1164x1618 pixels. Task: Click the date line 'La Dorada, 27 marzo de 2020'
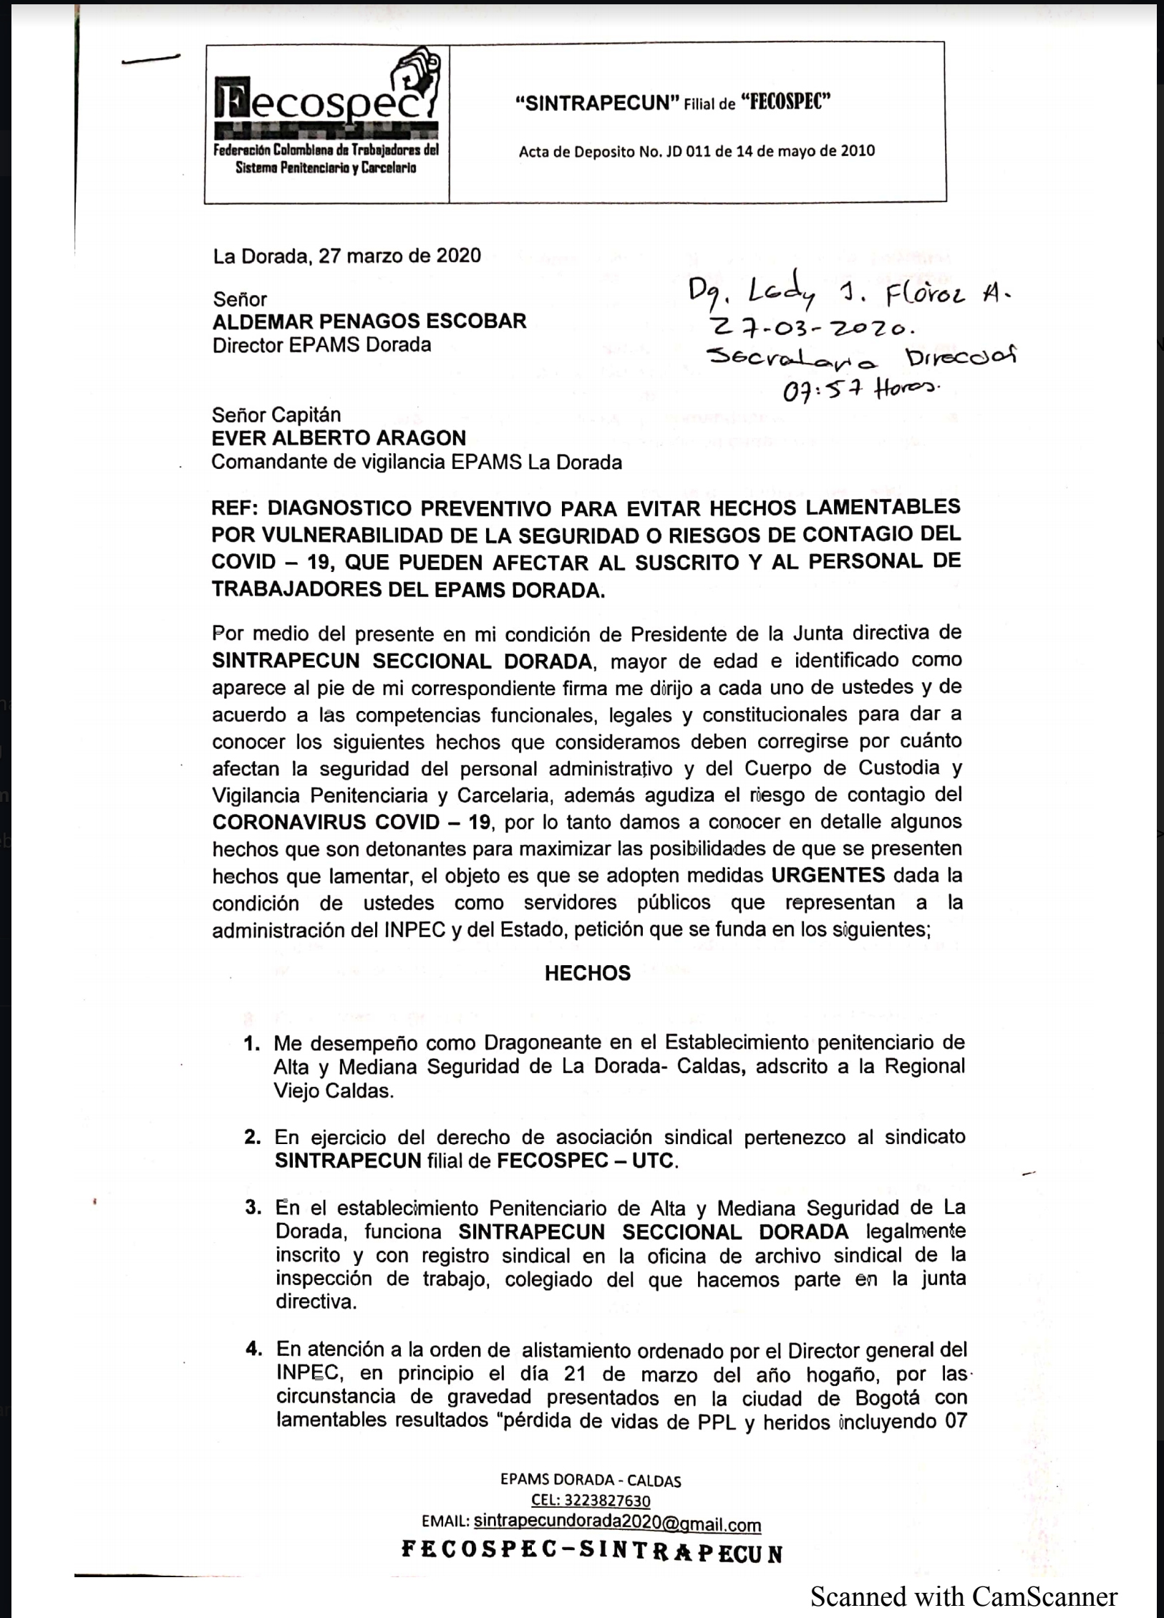[x=346, y=256]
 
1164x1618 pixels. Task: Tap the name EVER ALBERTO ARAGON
[x=339, y=437]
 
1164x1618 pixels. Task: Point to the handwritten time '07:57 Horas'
[x=860, y=388]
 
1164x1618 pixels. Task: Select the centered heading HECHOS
[x=587, y=973]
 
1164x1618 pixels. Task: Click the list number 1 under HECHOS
[x=251, y=1043]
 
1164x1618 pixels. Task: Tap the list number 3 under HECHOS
[x=253, y=1208]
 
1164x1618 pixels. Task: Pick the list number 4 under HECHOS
[x=253, y=1350]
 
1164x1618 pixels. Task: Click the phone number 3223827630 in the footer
[x=591, y=1500]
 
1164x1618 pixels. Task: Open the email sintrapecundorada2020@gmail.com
[x=617, y=1524]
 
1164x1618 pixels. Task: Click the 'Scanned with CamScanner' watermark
[x=964, y=1596]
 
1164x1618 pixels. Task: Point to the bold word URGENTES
[x=828, y=875]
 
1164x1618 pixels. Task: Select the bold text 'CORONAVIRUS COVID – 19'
[x=351, y=821]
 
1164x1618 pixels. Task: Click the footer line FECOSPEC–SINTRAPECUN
[x=591, y=1552]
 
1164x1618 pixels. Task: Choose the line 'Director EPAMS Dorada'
[x=321, y=345]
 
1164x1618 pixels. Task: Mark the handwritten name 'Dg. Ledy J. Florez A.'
[x=850, y=291]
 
